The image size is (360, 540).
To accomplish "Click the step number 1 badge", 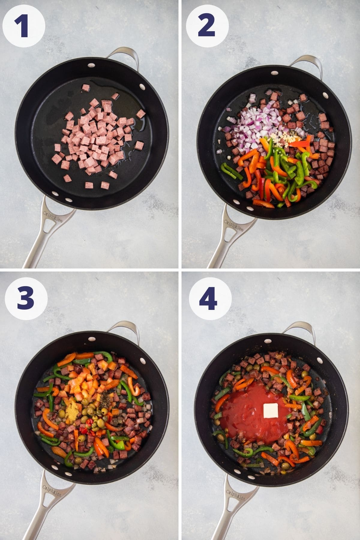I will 24,24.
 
